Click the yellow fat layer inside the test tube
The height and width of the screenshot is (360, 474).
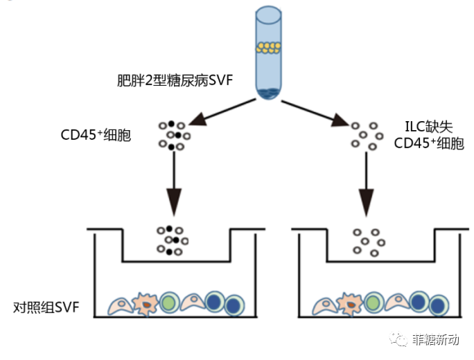tap(267, 48)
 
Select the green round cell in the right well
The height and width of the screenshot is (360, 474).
tap(374, 303)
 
